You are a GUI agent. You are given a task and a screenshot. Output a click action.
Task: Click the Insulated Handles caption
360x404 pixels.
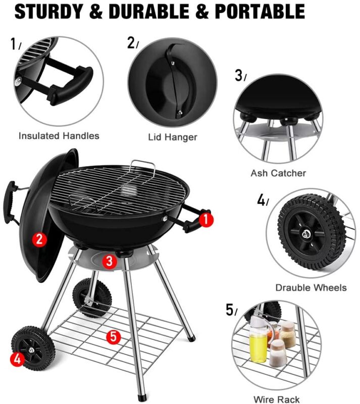pos(59,136)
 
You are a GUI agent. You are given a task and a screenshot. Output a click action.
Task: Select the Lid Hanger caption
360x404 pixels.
pos(173,137)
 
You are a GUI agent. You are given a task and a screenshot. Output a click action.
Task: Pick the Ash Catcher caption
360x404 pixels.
pos(278,173)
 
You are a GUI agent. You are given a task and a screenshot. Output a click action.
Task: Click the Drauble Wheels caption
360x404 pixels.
pos(311,287)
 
